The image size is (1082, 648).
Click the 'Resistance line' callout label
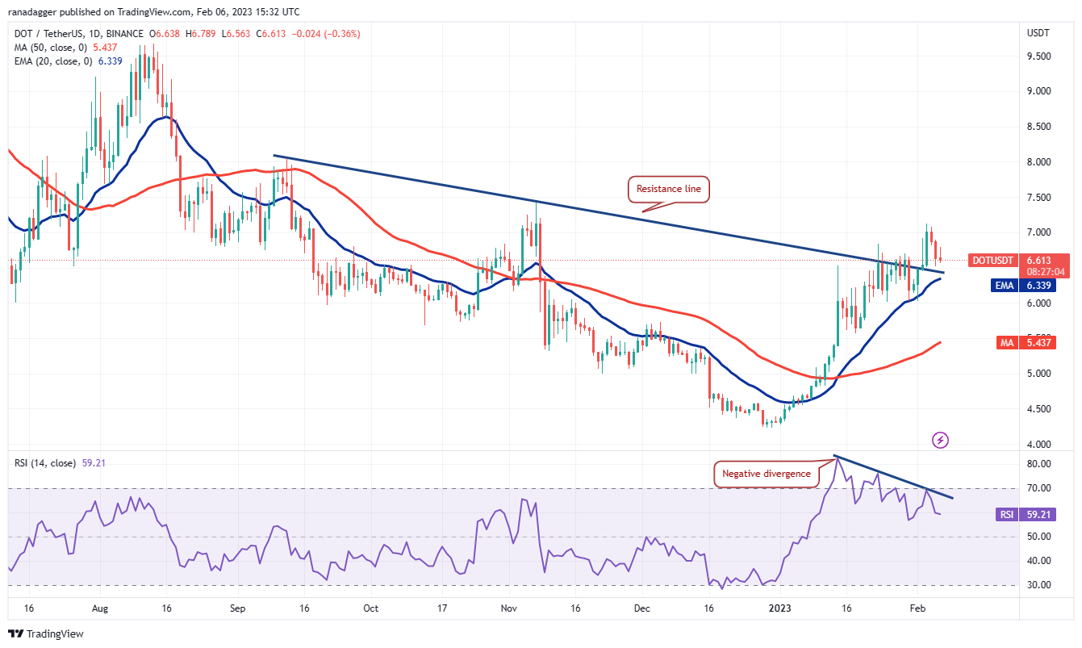click(669, 190)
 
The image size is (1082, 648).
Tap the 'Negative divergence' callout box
click(767, 474)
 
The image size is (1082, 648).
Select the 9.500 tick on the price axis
click(1038, 56)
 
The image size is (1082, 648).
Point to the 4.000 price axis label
click(1038, 445)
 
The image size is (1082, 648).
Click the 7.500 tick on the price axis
click(1038, 198)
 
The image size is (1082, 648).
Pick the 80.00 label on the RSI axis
click(1038, 464)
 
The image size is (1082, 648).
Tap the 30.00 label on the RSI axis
click(1038, 585)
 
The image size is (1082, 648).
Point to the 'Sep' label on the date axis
click(236, 608)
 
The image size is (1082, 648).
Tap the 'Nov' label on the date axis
click(508, 608)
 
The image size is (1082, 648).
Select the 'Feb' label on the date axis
click(917, 608)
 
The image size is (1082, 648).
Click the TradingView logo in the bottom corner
click(46, 634)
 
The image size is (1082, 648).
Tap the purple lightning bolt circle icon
click(940, 440)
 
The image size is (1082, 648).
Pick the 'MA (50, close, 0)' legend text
click(53, 46)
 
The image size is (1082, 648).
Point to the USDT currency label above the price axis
click(1038, 34)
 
